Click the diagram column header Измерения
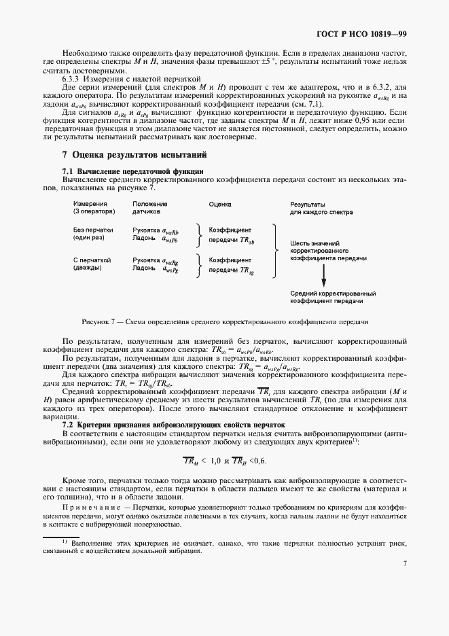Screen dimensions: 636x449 (90, 204)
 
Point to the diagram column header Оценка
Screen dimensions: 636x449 (220, 204)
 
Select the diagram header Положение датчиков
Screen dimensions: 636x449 (150, 208)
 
